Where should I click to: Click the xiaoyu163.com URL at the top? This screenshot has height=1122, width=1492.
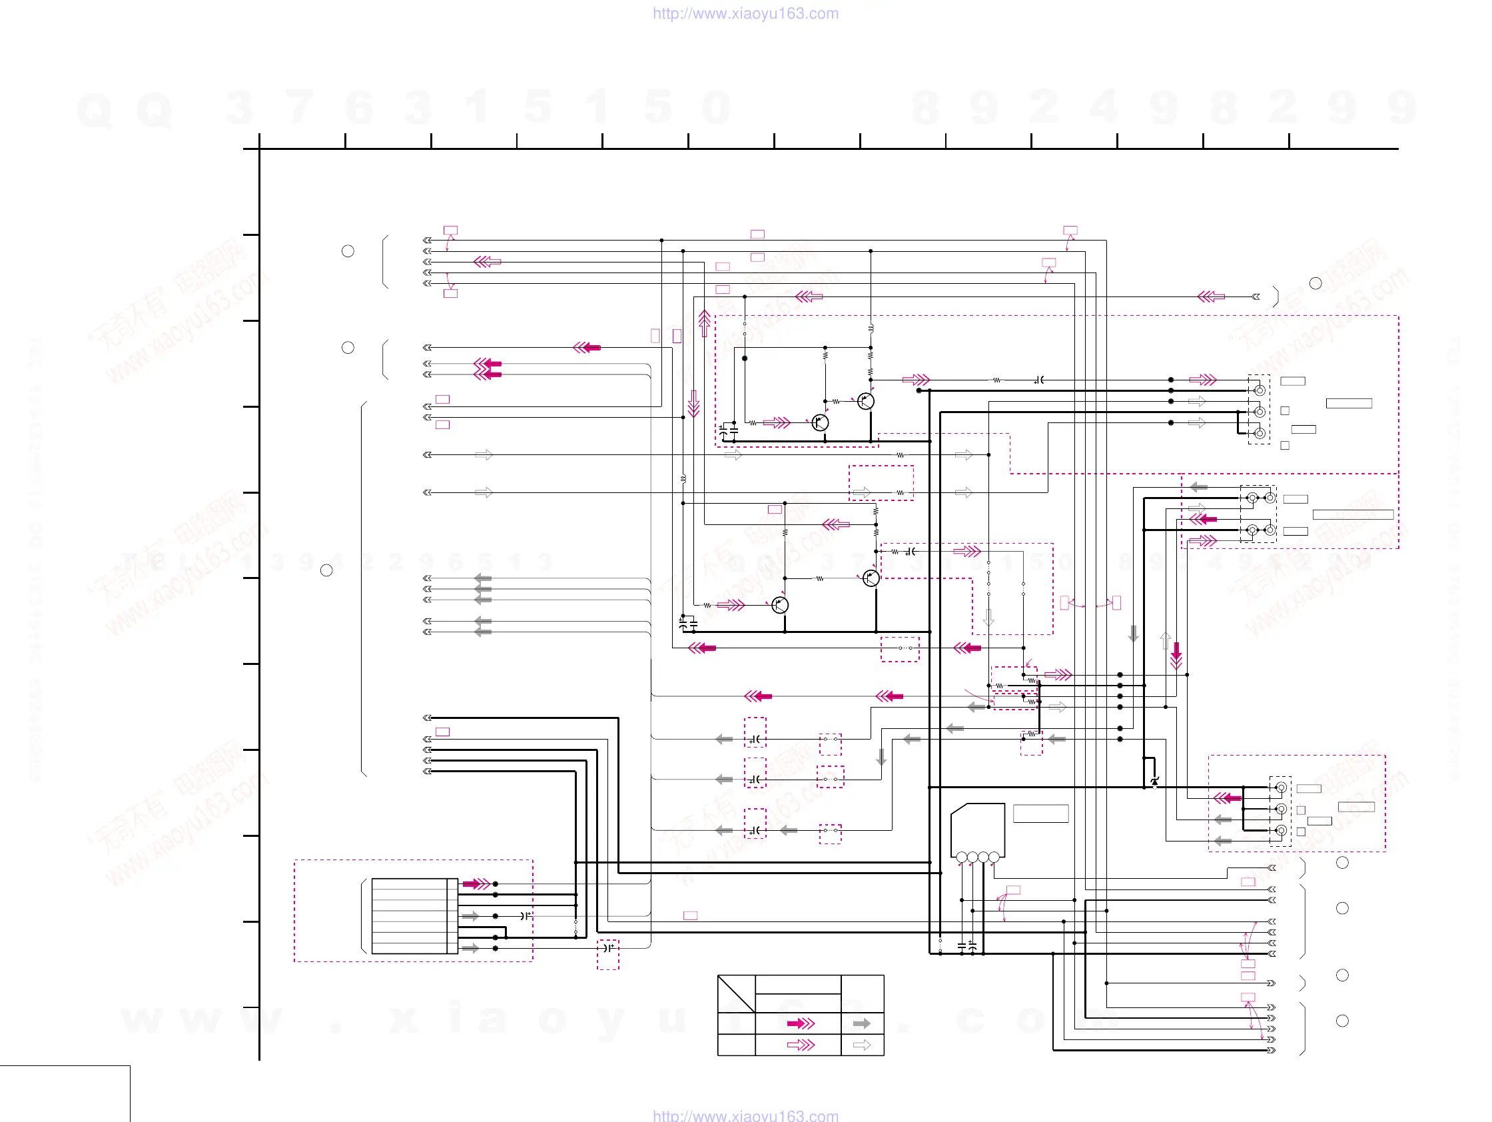pyautogui.click(x=745, y=13)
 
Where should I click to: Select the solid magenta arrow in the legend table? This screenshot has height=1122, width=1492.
pyautogui.click(x=801, y=1023)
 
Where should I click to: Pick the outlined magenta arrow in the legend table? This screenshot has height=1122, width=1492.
pyautogui.click(x=801, y=1045)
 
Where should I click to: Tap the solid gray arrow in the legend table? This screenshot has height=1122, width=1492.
pyautogui.click(x=861, y=1023)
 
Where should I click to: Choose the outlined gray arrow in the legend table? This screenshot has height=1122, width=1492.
pyautogui.click(x=861, y=1045)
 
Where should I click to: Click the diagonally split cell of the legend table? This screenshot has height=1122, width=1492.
pyautogui.click(x=736, y=993)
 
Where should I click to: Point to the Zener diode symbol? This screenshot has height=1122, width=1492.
pyautogui.click(x=1154, y=782)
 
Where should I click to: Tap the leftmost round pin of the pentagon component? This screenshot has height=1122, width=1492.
pyautogui.click(x=962, y=857)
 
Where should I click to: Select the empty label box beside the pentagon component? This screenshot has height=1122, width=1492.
pyautogui.click(x=1041, y=814)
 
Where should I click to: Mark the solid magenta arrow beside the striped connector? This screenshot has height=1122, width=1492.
pyautogui.click(x=476, y=884)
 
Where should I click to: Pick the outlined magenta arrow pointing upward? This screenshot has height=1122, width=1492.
pyautogui.click(x=704, y=322)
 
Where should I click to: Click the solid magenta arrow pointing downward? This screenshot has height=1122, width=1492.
pyautogui.click(x=1176, y=654)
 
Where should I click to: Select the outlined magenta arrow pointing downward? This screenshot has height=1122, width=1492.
pyautogui.click(x=693, y=403)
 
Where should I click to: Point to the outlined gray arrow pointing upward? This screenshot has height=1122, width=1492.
pyautogui.click(x=1165, y=640)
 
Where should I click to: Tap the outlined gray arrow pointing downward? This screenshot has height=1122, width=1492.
pyautogui.click(x=989, y=618)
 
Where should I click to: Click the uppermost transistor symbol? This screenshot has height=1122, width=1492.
pyautogui.click(x=865, y=402)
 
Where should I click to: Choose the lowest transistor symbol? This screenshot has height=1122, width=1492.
pyautogui.click(x=780, y=605)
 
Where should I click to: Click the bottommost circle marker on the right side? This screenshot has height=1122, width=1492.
pyautogui.click(x=1342, y=1021)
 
